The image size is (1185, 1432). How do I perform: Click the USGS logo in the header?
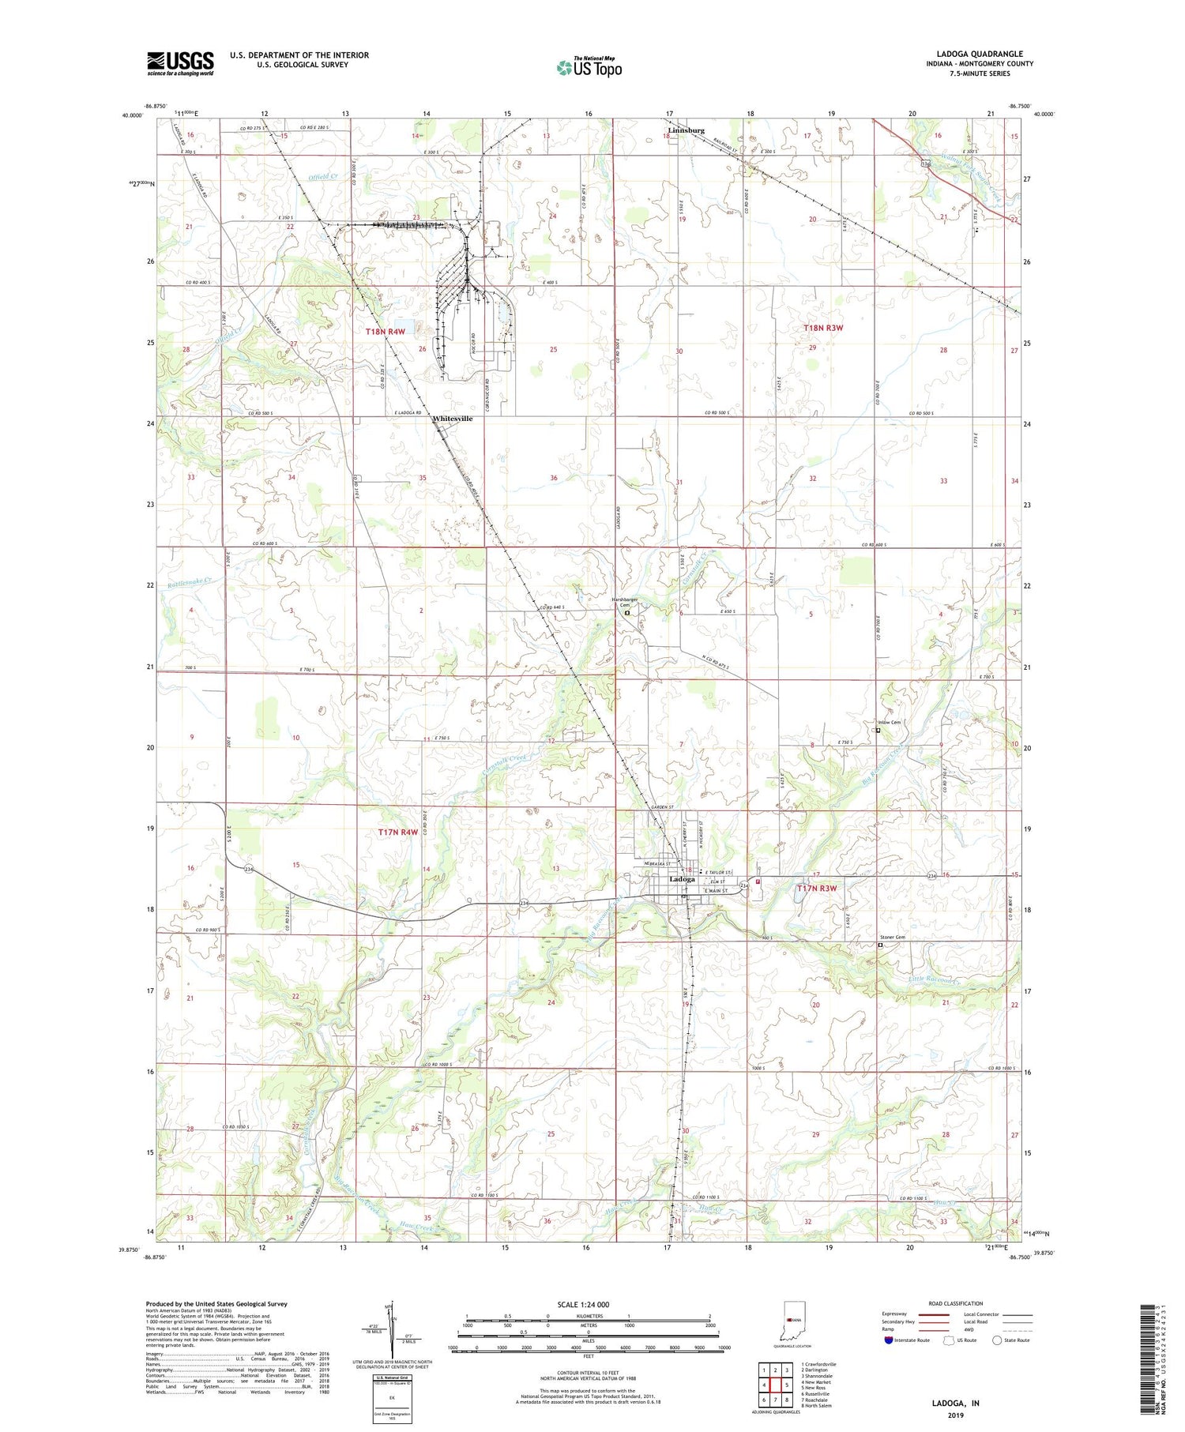(180, 63)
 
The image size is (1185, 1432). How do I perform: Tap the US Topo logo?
(589, 68)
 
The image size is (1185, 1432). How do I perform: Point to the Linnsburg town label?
(684, 130)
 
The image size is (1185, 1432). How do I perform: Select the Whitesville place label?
(452, 419)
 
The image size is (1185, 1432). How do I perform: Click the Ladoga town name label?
(682, 879)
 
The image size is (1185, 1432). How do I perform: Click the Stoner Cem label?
(893, 938)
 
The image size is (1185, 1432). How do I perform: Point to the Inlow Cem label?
(889, 723)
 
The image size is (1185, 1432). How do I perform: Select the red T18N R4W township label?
(385, 332)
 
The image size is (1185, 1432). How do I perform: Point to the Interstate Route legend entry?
(908, 1340)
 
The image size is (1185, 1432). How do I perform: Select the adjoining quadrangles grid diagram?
(775, 1385)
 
